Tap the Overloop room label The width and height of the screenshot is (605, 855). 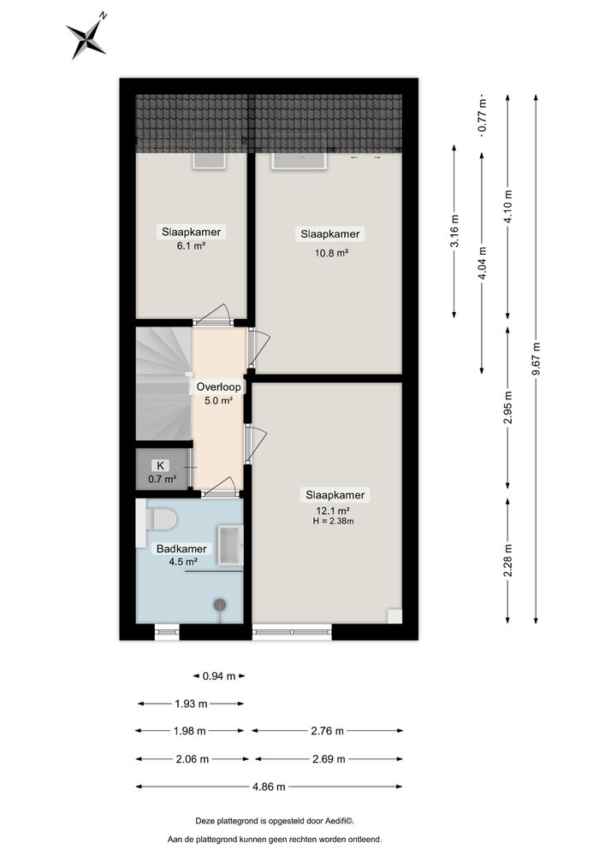tap(218, 387)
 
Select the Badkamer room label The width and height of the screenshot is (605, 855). tap(181, 549)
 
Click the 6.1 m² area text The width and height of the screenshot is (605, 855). tap(191, 246)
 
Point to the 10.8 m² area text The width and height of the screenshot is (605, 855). tap(332, 253)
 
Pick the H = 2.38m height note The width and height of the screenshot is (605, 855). tap(333, 521)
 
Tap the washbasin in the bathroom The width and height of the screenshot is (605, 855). tap(230, 545)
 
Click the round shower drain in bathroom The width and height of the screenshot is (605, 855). tap(220, 604)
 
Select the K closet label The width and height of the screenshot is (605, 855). tap(160, 466)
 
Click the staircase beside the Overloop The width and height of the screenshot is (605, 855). tap(163, 383)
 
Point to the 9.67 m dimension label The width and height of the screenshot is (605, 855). tap(537, 358)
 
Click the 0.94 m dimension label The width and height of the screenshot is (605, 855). tap(219, 676)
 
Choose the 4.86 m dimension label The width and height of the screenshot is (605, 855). tap(269, 787)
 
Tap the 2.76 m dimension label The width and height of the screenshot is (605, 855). tap(328, 731)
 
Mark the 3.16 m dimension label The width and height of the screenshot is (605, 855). tap(454, 231)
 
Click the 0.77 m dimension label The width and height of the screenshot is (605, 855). tap(483, 115)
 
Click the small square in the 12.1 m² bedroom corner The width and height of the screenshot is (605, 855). tap(394, 616)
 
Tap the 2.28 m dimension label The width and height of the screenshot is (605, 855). tap(508, 561)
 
